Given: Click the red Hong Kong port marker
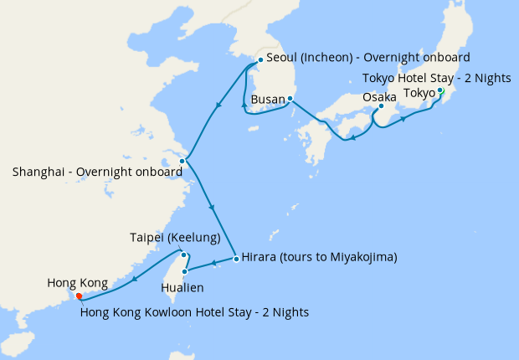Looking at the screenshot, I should point(78,296).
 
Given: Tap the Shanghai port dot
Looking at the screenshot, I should point(182,161).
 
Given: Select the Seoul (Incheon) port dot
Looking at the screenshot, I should point(261,59).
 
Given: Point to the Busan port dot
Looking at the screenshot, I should point(289,99).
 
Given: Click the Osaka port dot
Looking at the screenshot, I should point(381,106).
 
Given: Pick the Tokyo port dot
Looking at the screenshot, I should point(440,90).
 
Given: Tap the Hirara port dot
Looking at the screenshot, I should point(237,258).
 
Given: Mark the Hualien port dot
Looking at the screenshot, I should point(183,271).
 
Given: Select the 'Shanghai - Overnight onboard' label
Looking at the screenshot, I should point(97,172).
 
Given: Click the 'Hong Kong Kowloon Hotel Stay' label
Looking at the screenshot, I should point(195,312).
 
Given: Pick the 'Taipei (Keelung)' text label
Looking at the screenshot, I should point(175,238).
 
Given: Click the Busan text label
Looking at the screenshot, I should point(268,99).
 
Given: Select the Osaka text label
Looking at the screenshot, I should point(379,96).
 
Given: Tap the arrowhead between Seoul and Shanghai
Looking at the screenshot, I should point(218,105).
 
